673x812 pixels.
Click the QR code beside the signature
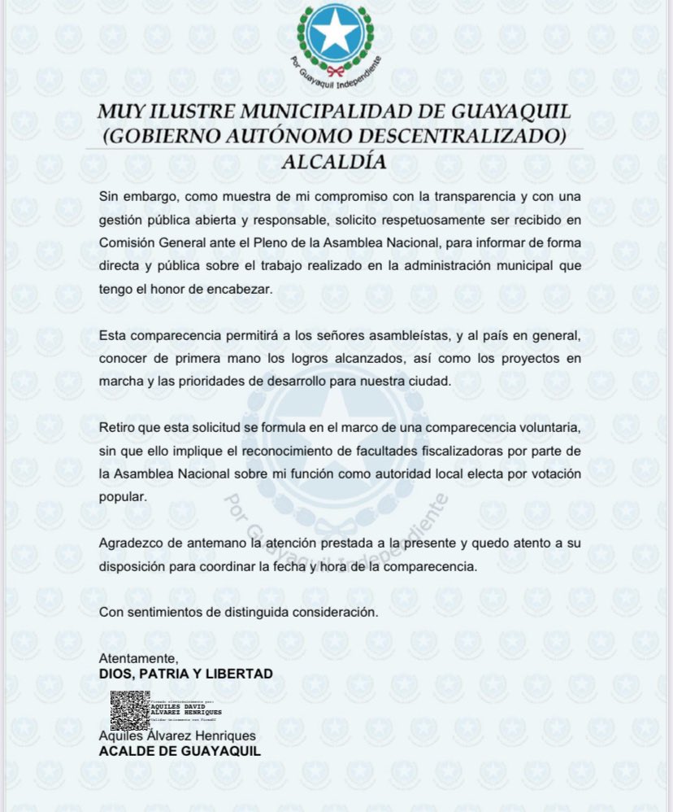tap(130, 710)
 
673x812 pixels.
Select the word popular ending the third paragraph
tap(122, 497)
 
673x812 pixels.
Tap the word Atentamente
tap(137, 657)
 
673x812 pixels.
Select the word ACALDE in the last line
tap(125, 751)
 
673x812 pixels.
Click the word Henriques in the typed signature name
tap(226, 736)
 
